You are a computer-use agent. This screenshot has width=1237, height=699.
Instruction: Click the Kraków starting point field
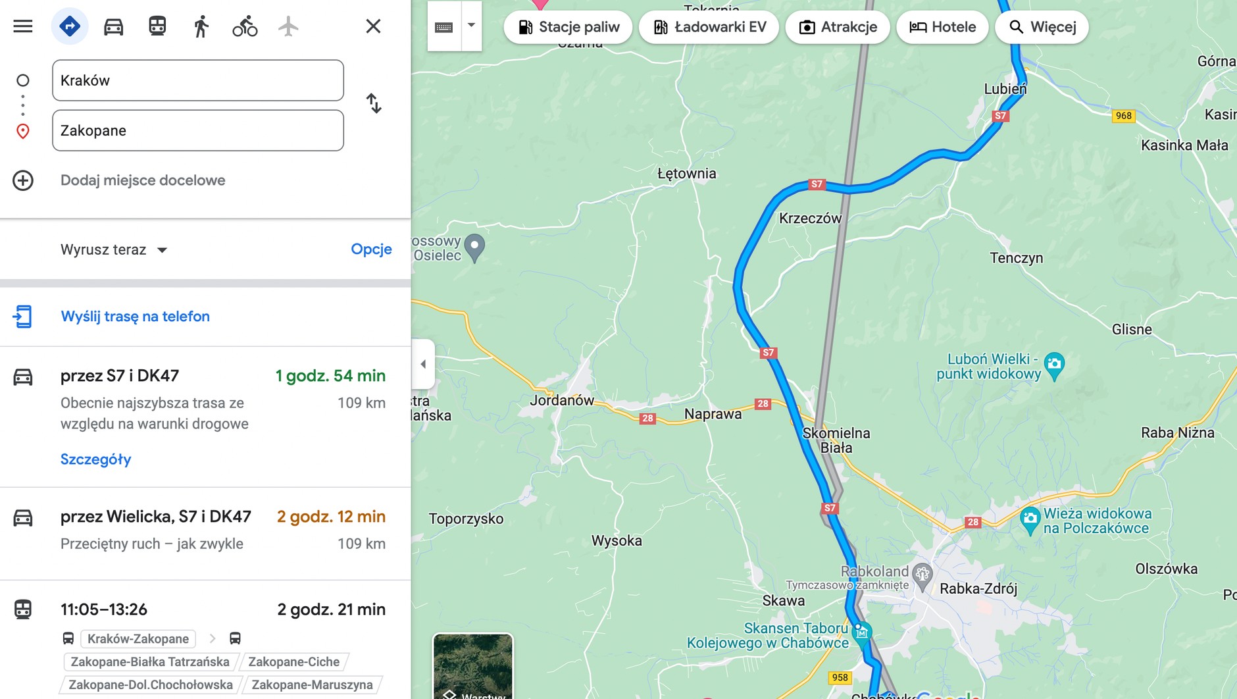(197, 80)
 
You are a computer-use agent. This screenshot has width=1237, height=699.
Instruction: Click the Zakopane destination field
(197, 130)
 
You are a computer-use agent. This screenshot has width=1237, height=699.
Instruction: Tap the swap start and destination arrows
(374, 103)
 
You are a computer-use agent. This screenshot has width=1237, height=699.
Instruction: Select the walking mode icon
(201, 26)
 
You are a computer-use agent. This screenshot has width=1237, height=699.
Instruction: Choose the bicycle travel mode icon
(245, 26)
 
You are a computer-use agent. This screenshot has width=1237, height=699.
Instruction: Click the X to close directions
(373, 26)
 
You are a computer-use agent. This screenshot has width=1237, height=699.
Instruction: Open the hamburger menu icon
(23, 26)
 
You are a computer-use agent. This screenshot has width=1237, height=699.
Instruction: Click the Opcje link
(371, 249)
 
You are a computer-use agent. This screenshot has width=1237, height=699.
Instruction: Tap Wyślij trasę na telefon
(135, 316)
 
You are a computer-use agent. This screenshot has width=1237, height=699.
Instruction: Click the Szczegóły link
(95, 459)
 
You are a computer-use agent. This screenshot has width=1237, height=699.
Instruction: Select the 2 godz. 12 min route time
(331, 517)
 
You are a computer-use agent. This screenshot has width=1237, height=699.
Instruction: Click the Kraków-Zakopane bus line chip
(138, 638)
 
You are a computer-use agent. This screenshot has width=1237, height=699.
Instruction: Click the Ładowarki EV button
(709, 27)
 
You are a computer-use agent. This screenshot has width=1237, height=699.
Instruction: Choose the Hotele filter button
(942, 27)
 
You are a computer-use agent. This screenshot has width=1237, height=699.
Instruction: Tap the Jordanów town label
(562, 400)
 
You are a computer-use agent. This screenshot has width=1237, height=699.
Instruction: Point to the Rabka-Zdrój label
(978, 588)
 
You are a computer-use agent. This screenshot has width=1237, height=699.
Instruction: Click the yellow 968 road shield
(1123, 116)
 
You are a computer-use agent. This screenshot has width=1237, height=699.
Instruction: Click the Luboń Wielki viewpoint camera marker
(1054, 364)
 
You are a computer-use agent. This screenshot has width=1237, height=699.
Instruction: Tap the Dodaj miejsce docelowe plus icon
(23, 180)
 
